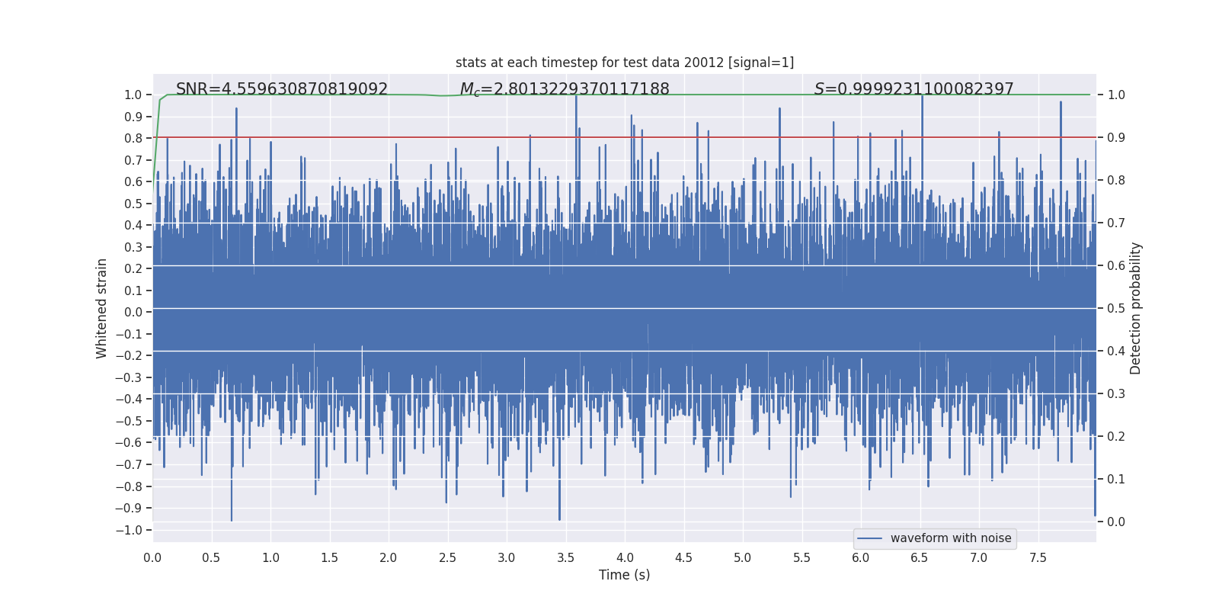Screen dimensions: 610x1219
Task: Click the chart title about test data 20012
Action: coord(625,63)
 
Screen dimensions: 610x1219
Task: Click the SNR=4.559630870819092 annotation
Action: coord(282,89)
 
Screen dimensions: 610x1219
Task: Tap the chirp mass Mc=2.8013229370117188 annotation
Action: coord(565,89)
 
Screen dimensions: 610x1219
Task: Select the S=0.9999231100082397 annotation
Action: coord(913,89)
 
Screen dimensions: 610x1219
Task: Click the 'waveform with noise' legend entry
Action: coord(950,538)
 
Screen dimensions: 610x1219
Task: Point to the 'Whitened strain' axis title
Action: coord(102,308)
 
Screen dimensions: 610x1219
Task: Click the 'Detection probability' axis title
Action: coord(1136,308)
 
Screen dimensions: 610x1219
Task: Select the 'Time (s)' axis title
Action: coord(625,575)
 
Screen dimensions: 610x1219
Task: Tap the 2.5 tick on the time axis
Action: coord(447,558)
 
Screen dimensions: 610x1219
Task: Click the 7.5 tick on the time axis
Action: coord(1038,558)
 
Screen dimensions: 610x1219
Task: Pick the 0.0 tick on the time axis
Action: coord(152,558)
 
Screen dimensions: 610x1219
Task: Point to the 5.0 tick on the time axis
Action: coord(743,558)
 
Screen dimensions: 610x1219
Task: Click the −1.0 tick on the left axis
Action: coord(133,530)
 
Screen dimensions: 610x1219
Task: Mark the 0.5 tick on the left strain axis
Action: coord(134,204)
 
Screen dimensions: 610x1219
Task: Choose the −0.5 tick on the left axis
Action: coord(133,421)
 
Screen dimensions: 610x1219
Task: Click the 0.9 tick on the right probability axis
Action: coord(1116,138)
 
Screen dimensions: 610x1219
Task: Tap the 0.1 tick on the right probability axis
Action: coord(1116,480)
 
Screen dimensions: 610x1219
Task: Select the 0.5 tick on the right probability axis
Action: coord(1116,309)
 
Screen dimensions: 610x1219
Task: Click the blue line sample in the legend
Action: coord(869,538)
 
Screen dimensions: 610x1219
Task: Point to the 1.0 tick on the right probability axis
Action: coord(1116,95)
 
